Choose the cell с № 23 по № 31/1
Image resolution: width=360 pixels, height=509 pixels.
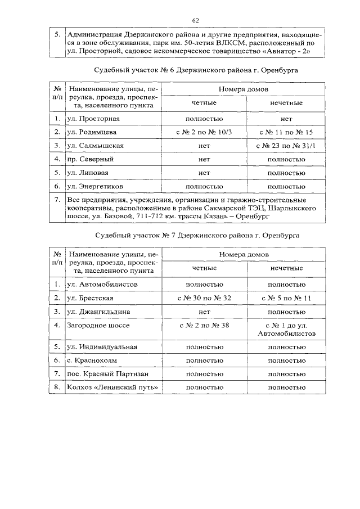[x=283, y=145]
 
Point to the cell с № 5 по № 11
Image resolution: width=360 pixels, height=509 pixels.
[x=283, y=297]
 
